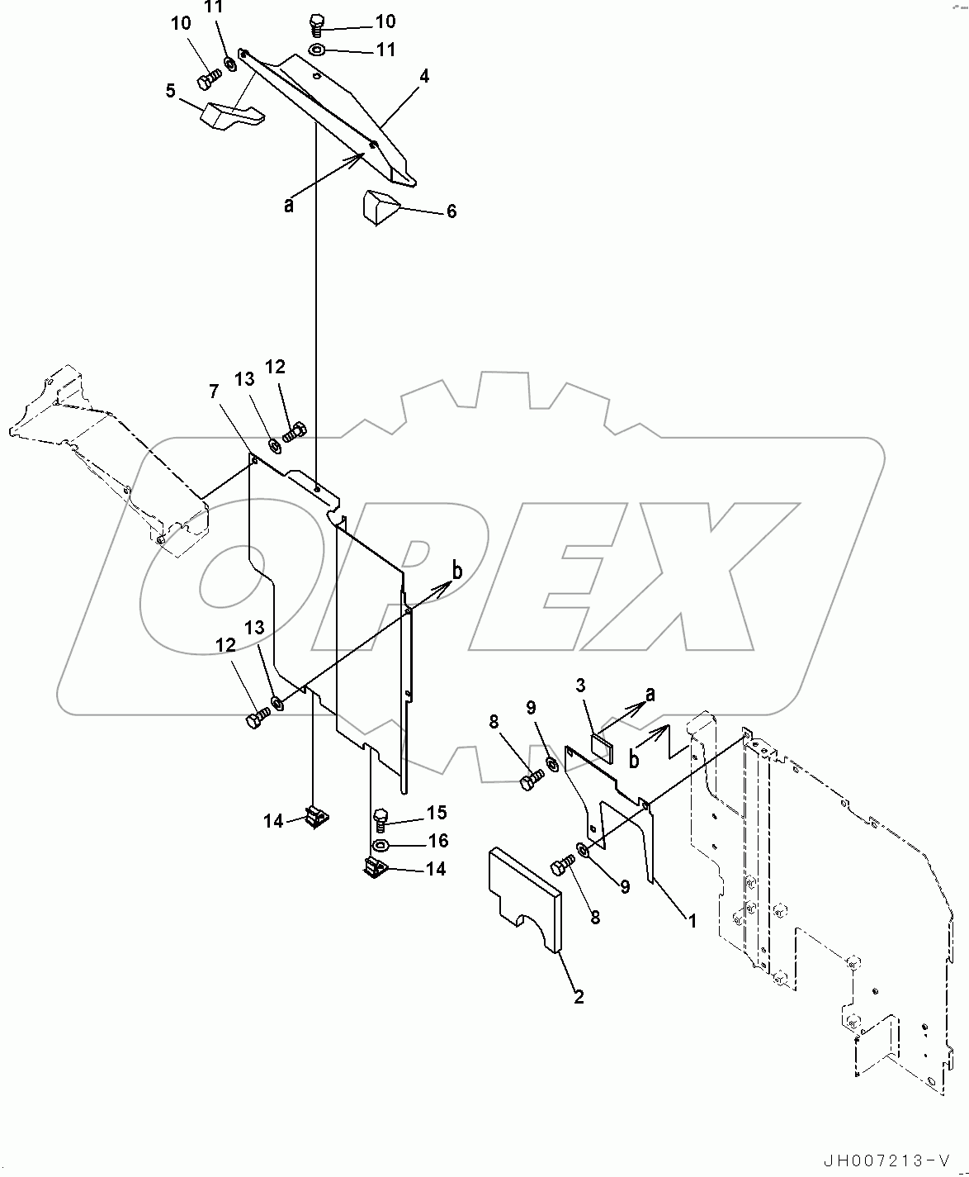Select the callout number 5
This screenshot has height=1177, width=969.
[x=171, y=89]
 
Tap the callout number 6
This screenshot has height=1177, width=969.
[x=451, y=211]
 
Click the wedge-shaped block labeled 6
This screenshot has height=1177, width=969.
[x=379, y=206]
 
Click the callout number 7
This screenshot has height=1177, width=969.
[x=215, y=391]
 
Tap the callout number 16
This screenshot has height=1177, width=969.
[x=437, y=841]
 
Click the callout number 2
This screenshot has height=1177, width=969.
[x=579, y=997]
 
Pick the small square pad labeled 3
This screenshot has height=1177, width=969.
[x=603, y=747]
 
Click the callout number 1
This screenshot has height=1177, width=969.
[x=692, y=919]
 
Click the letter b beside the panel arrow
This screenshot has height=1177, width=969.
[x=457, y=569]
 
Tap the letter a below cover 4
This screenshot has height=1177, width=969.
[x=289, y=203]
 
